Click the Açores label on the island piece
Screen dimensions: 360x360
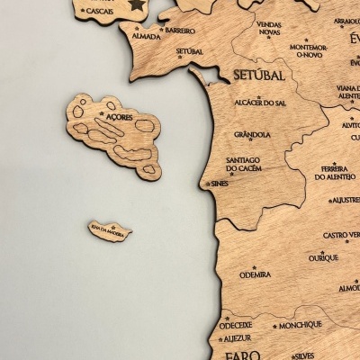[118, 117]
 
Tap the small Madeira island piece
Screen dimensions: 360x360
[110, 230]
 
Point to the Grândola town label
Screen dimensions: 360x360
[252, 135]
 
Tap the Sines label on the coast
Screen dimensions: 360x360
[219, 184]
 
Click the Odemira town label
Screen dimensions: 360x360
[255, 274]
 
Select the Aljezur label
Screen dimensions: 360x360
[236, 338]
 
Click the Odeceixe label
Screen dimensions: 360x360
[236, 324]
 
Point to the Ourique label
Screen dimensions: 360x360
[323, 257]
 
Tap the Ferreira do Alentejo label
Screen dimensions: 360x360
[334, 172]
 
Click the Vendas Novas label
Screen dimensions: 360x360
[268, 28]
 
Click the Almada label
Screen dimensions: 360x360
[146, 36]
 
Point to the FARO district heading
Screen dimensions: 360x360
[242, 355]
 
